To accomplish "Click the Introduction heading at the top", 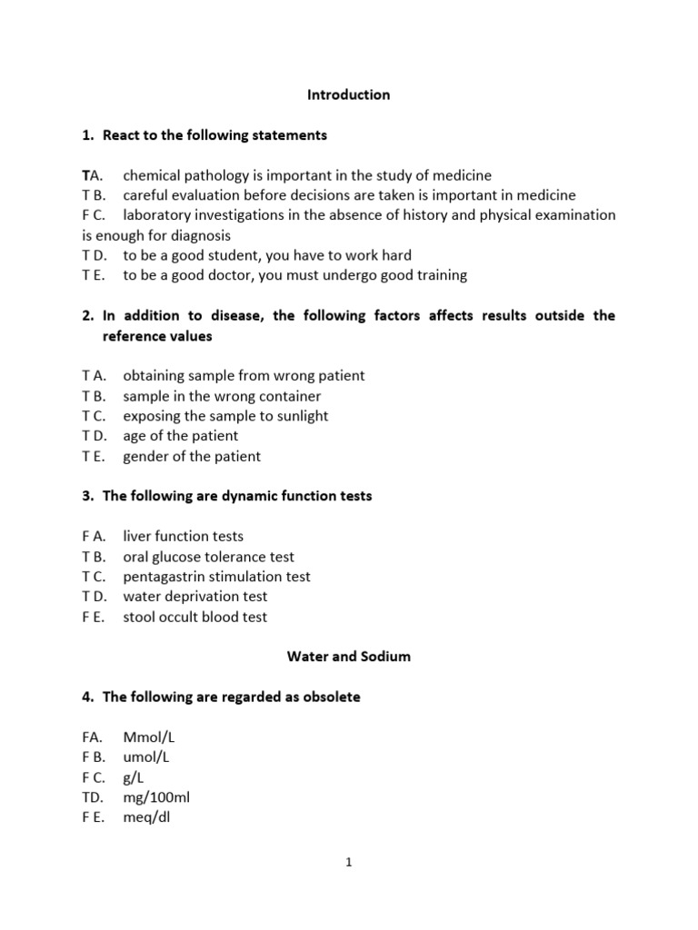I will tap(348, 94).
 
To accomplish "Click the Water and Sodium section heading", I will tap(348, 657).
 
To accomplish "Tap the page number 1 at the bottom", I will tap(349, 864).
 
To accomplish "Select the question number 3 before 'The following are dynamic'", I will tap(86, 496).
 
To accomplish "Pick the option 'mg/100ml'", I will tap(156, 796).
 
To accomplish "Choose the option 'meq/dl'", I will tap(146, 816).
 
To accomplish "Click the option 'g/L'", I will tap(134, 777).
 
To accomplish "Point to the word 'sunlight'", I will tap(298, 416).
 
